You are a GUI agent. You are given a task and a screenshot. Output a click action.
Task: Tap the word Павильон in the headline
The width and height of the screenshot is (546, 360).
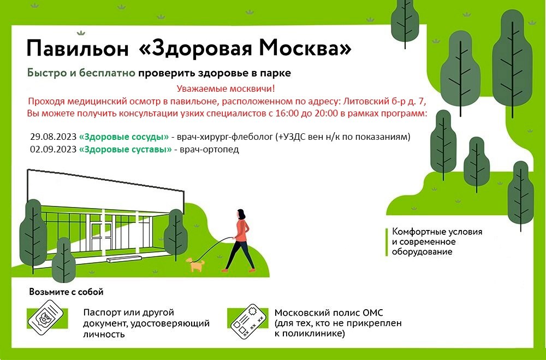click(x=78, y=49)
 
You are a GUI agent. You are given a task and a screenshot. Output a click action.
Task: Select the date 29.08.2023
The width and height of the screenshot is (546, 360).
click(x=54, y=137)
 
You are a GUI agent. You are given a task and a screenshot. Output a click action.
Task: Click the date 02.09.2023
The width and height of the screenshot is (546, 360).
click(x=54, y=150)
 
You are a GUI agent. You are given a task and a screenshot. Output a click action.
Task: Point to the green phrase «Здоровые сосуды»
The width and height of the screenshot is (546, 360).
click(x=124, y=137)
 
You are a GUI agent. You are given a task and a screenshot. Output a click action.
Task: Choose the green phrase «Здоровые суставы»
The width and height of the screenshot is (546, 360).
click(x=126, y=150)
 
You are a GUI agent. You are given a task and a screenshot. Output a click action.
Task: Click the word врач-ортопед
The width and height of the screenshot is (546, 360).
click(x=209, y=150)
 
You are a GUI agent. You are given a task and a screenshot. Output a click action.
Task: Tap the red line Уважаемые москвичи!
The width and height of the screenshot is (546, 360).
click(x=225, y=88)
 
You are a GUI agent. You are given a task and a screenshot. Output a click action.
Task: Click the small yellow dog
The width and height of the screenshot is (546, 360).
click(x=195, y=264)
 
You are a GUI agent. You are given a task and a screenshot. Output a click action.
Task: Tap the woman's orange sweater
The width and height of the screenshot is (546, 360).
click(x=241, y=230)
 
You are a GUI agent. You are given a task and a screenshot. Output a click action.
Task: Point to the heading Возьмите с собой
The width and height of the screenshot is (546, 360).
click(x=66, y=292)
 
